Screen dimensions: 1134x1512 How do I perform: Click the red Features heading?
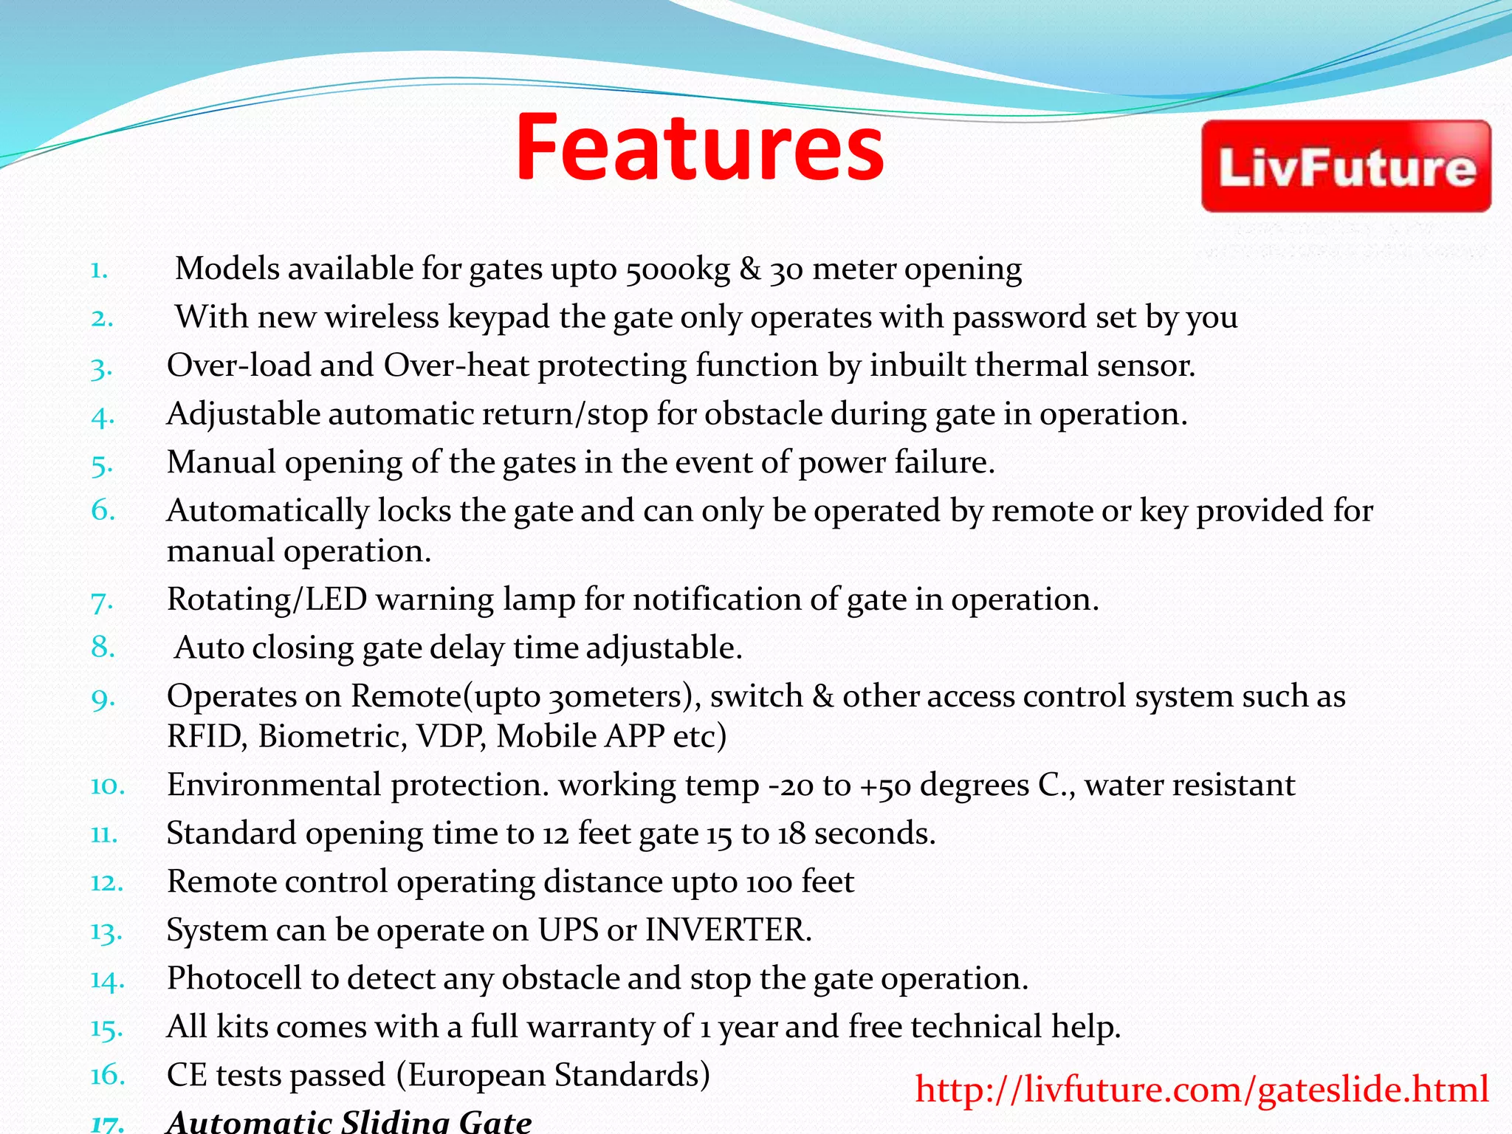[699, 148]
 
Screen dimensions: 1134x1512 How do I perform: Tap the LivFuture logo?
[1346, 167]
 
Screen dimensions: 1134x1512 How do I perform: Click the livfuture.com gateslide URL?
[1201, 1090]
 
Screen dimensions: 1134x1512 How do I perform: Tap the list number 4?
[103, 417]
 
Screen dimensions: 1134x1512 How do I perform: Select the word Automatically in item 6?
[267, 511]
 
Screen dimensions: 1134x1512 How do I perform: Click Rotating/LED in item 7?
[267, 599]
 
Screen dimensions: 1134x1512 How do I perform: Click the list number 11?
[104, 834]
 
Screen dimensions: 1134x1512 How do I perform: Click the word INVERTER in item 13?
[728, 930]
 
